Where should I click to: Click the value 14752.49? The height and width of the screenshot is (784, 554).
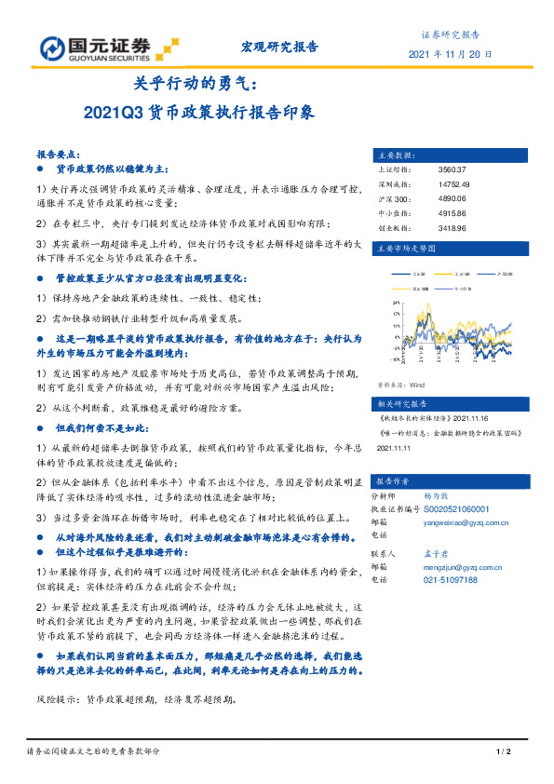(x=453, y=185)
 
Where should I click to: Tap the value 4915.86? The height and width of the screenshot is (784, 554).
(x=452, y=213)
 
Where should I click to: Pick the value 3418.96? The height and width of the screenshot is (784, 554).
(x=452, y=227)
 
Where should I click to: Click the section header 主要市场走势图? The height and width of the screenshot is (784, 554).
(x=405, y=250)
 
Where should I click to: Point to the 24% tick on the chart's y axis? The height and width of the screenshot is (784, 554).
(x=396, y=303)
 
